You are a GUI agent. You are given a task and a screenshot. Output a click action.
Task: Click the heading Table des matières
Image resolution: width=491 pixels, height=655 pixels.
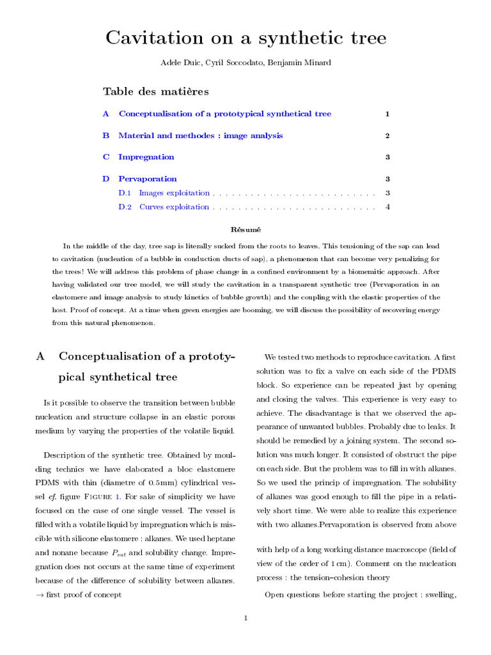pos(156,91)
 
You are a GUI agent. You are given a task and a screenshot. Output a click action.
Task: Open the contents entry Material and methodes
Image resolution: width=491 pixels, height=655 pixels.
pos(200,136)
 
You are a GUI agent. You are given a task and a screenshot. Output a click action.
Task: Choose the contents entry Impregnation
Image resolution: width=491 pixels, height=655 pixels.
pos(146,157)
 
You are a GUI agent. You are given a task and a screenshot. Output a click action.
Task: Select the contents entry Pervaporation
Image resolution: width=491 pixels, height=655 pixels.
pos(148,179)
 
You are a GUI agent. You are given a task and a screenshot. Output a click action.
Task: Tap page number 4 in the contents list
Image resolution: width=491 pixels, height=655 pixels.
pos(387,207)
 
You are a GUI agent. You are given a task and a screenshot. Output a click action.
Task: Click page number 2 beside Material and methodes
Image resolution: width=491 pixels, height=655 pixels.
pos(387,136)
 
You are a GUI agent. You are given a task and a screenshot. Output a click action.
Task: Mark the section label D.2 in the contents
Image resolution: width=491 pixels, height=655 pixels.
pos(125,207)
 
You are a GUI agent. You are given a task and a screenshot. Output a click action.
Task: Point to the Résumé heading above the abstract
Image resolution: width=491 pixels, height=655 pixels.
pos(245,229)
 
